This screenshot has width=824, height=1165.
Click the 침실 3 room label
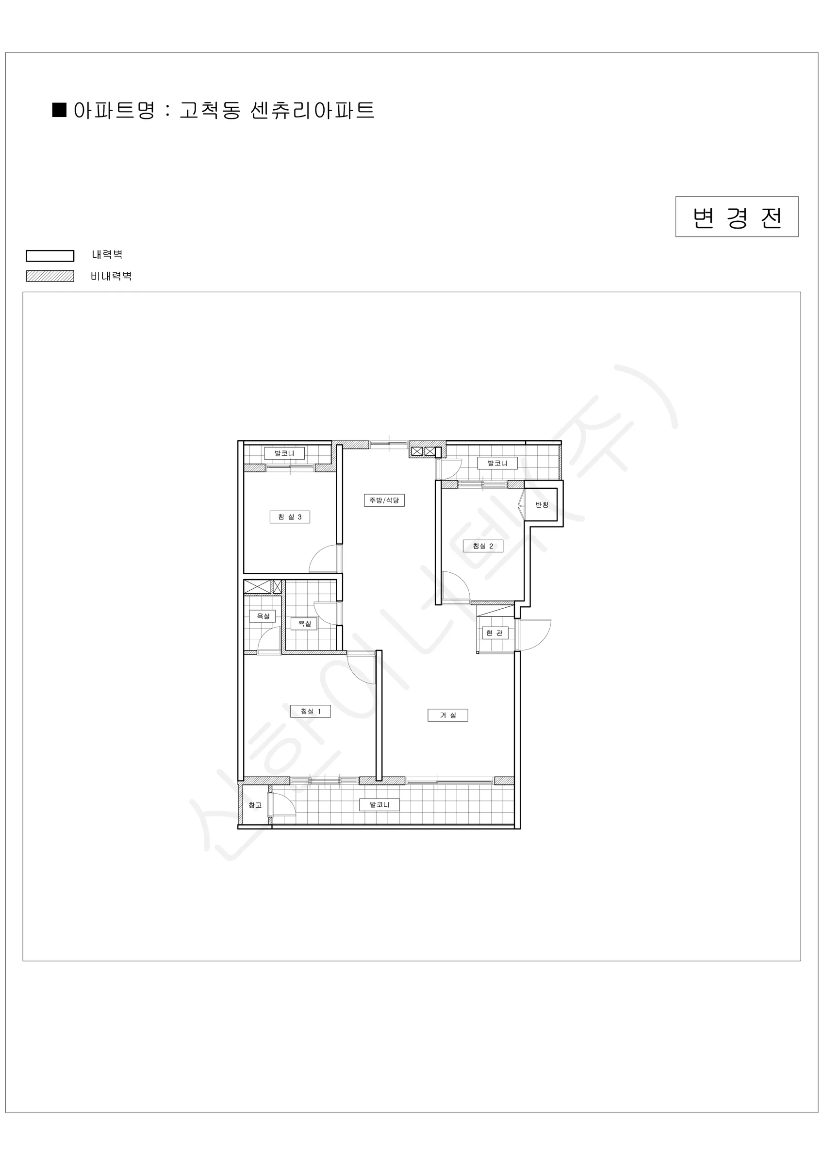[290, 517]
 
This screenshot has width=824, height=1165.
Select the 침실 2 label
[483, 546]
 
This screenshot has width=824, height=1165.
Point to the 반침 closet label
[542, 505]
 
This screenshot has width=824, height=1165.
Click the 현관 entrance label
[494, 632]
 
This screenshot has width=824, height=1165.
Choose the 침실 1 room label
[310, 712]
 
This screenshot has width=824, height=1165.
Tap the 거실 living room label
[447, 715]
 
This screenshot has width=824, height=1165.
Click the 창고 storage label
[255, 805]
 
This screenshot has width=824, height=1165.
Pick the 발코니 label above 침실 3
[284, 453]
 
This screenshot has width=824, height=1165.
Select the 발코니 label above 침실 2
[497, 463]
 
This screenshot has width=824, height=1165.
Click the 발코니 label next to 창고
[379, 804]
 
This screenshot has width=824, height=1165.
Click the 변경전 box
[737, 216]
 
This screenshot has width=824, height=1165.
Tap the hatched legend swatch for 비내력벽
[50, 276]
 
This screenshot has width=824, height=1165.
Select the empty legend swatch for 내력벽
[50, 255]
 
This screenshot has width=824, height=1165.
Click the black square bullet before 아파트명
[59, 110]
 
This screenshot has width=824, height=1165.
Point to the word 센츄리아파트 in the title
[313, 110]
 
